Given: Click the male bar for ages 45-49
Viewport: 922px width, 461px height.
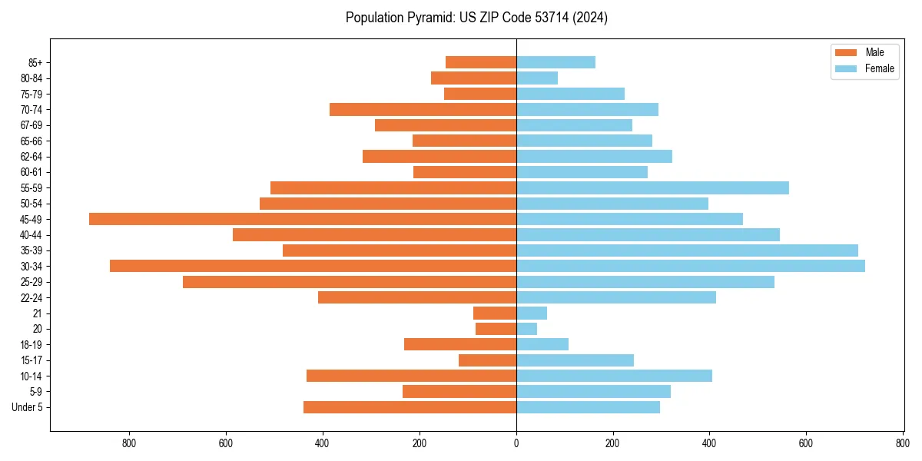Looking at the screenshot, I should (x=303, y=219).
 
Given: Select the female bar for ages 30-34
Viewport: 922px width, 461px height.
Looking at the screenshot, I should (x=690, y=266).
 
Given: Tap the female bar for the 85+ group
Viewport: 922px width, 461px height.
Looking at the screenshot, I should (x=556, y=62).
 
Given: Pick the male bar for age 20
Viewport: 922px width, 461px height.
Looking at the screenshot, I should (x=496, y=329).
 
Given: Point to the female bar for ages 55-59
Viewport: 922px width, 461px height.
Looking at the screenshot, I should (x=652, y=187).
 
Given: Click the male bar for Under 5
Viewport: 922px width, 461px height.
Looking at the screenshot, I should (x=410, y=407).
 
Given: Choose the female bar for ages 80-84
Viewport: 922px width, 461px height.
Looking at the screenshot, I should (x=537, y=78).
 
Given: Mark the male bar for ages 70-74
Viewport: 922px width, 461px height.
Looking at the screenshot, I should (x=423, y=109).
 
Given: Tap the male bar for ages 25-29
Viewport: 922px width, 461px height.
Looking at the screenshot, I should (x=350, y=282).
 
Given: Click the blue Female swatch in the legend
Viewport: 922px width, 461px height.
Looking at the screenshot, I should (x=845, y=68).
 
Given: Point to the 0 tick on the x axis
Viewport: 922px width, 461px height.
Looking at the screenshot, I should (x=516, y=443).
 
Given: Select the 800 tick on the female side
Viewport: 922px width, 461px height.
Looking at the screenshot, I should (x=902, y=443).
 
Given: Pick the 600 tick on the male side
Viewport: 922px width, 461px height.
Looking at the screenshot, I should (x=226, y=443).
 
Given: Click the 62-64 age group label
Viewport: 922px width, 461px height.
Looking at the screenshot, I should (x=32, y=157).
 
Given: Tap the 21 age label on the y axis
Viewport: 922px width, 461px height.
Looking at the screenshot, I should (x=37, y=313).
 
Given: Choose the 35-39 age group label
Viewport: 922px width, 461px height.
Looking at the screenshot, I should (x=32, y=250).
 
